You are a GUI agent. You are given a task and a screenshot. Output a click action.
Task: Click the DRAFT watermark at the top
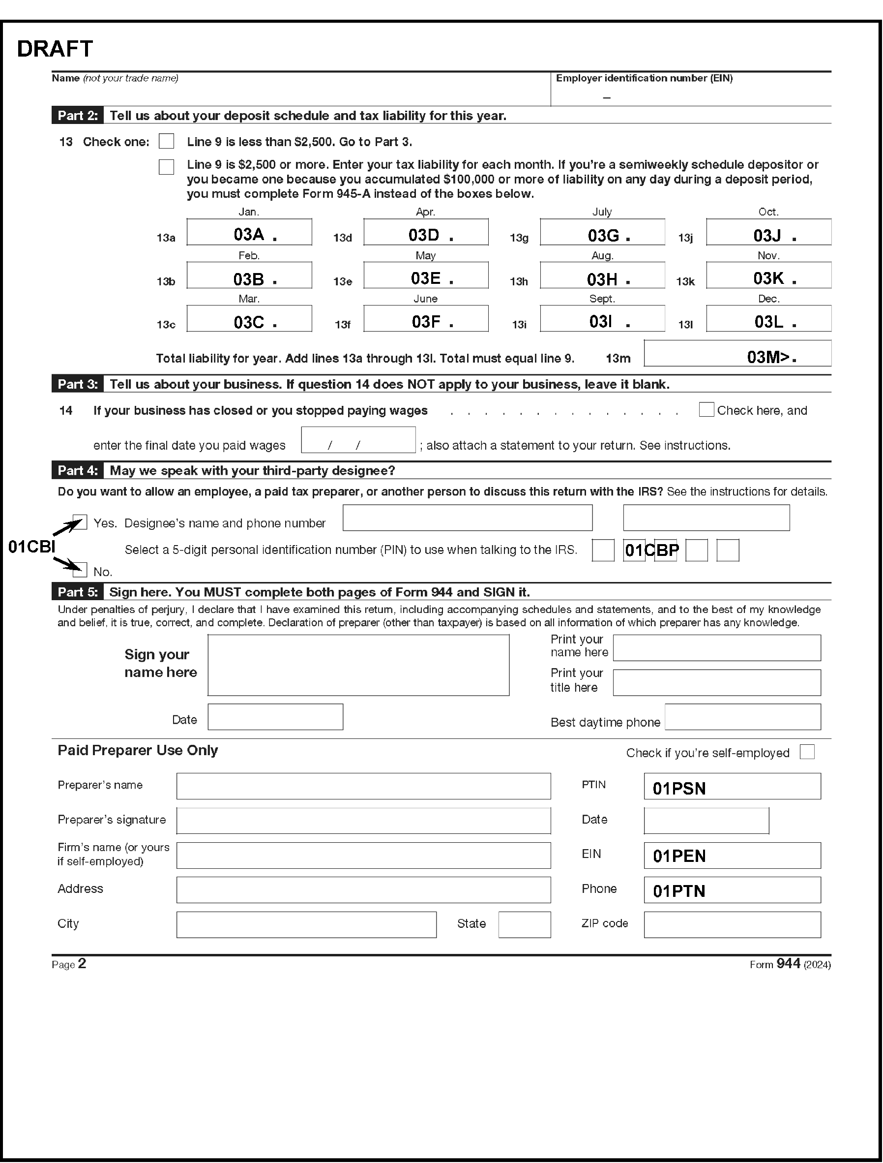[x=55, y=49]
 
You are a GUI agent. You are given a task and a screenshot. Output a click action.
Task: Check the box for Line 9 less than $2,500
[x=167, y=142]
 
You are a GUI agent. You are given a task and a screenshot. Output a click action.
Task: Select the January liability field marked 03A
[x=249, y=233]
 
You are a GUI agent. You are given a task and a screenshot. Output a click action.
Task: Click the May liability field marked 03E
[x=426, y=275]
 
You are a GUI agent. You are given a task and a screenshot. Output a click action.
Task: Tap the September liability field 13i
[x=602, y=319]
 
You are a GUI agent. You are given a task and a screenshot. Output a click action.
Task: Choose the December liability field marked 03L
[x=768, y=319]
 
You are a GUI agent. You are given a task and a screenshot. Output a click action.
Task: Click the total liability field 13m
[x=737, y=354]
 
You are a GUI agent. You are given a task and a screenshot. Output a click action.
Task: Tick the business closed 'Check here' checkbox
[x=706, y=410]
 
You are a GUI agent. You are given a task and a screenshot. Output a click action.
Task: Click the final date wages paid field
[x=358, y=440]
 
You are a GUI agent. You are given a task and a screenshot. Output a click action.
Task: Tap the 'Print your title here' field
[x=716, y=683]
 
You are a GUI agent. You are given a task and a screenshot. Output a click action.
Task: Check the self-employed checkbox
[x=807, y=752]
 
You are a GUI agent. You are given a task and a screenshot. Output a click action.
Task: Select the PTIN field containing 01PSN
[x=732, y=786]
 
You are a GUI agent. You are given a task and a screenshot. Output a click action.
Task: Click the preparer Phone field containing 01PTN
[x=732, y=890]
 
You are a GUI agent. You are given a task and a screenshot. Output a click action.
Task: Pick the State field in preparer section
[x=525, y=925]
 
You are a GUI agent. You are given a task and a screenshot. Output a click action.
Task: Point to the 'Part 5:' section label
[x=78, y=592]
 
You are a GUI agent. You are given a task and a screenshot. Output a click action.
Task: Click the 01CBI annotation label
[x=31, y=547]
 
